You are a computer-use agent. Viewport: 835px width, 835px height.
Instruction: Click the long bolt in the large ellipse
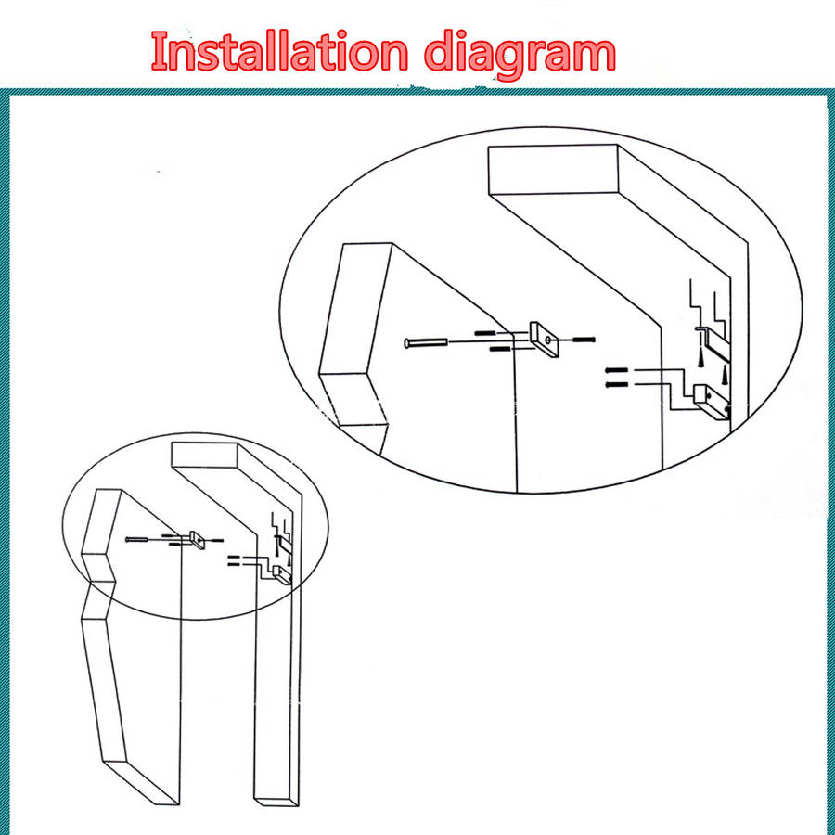click(426, 342)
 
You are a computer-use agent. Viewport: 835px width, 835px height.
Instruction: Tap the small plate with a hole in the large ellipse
click(545, 339)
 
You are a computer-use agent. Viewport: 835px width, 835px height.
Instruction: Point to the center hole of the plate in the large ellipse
click(548, 340)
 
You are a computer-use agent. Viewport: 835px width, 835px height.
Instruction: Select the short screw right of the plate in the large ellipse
click(584, 339)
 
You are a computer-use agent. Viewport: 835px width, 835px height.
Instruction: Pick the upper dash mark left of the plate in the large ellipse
click(484, 333)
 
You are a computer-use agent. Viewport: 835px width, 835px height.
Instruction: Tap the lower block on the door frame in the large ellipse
click(712, 404)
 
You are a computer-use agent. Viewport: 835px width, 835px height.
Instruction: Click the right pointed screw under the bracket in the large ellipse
click(725, 376)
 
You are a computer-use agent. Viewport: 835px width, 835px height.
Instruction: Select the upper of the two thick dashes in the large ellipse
click(617, 370)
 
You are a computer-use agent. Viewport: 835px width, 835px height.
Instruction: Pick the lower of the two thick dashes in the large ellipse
click(617, 384)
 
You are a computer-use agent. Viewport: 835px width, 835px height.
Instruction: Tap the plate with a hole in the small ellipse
click(197, 540)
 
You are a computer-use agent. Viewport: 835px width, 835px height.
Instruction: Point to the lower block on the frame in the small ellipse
click(281, 575)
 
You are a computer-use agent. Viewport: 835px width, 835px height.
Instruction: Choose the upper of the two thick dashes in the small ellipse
click(234, 557)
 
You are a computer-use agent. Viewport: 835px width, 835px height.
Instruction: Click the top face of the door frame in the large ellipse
click(553, 170)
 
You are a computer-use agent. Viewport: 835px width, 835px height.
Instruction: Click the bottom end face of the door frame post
click(276, 802)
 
